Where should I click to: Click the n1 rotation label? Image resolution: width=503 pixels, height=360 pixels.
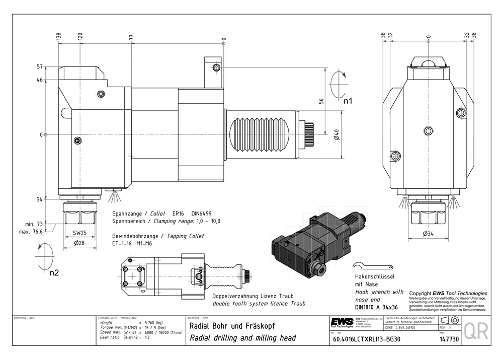(x=348, y=101)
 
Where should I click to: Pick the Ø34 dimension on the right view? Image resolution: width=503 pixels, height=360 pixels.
(x=428, y=234)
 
